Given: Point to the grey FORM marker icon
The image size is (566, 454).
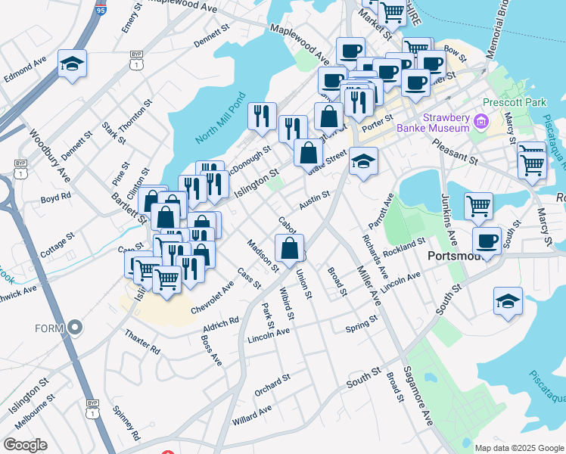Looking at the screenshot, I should pyautogui.click(x=75, y=328).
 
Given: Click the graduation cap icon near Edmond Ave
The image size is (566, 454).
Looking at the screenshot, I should pyautogui.click(x=72, y=64).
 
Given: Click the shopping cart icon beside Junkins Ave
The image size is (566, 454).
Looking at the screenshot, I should pyautogui.click(x=478, y=205).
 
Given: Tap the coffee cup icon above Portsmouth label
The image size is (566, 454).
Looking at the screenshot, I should pyautogui.click(x=487, y=241).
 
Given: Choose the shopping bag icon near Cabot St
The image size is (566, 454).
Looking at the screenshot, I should pyautogui.click(x=289, y=247).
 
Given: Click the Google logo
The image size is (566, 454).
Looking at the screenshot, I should pyautogui.click(x=25, y=445).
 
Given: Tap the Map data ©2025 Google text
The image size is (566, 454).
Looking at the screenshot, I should pyautogui.click(x=518, y=448).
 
